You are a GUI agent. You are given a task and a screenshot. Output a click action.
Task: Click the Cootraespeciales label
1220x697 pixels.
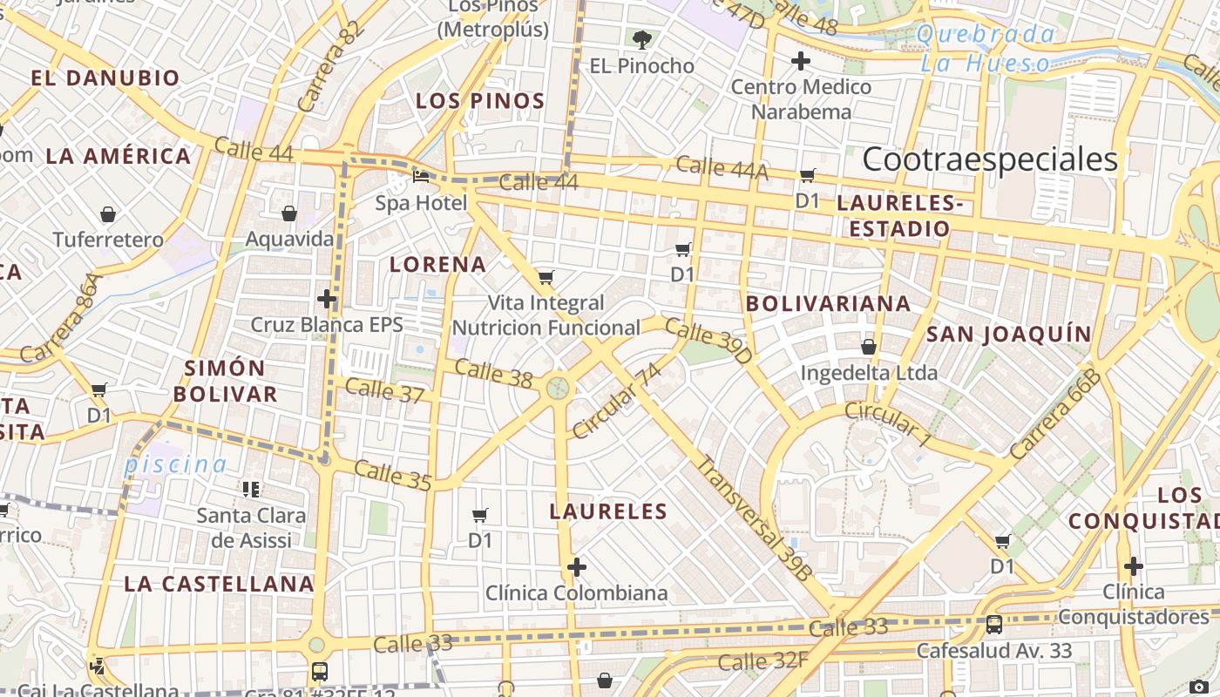989,160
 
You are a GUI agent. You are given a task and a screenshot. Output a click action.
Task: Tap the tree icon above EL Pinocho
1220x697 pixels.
642,39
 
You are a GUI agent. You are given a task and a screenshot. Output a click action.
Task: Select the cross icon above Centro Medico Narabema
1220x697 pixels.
800,61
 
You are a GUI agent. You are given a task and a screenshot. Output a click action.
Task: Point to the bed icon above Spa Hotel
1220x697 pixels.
421,176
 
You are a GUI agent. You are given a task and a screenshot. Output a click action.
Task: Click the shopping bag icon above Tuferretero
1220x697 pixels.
108,214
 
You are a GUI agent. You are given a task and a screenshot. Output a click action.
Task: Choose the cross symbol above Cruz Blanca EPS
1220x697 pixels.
327,299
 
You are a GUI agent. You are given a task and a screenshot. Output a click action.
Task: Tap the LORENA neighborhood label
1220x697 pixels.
437,265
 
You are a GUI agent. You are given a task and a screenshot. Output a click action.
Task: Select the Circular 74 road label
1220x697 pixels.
618,402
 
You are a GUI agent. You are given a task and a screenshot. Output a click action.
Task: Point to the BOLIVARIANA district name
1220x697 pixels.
829,304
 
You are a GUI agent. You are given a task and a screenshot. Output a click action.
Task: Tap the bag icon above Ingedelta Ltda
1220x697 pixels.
869,347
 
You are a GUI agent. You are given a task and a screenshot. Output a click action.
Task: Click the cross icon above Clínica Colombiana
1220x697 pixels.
576,568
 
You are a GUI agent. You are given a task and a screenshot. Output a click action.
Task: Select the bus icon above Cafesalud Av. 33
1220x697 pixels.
994,625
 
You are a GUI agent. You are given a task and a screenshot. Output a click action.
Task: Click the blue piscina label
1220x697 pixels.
175,464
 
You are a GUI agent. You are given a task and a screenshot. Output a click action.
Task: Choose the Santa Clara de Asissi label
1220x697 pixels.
251,527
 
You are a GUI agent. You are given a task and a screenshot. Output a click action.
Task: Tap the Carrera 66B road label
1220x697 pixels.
1056,414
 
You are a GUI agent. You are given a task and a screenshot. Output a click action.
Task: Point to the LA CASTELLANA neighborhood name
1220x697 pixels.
218,584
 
